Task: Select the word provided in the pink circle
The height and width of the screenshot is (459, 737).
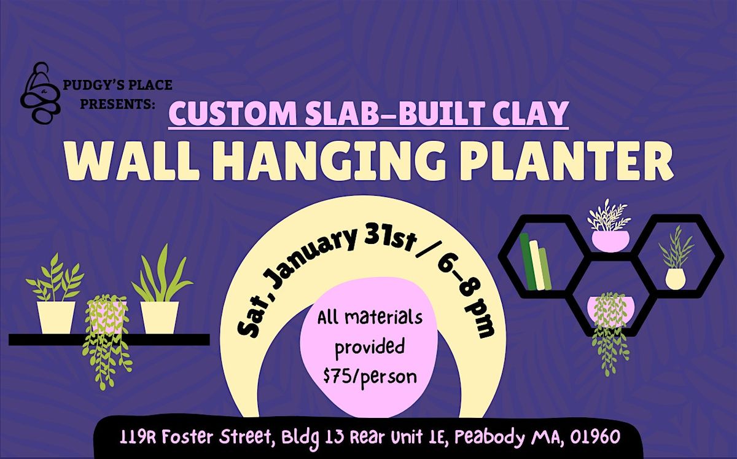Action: (370, 347)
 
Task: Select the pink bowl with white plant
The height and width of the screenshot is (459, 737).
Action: (609, 238)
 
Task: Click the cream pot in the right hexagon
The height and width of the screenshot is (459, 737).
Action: (676, 278)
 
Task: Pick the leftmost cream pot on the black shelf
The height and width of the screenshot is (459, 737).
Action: (56, 316)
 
